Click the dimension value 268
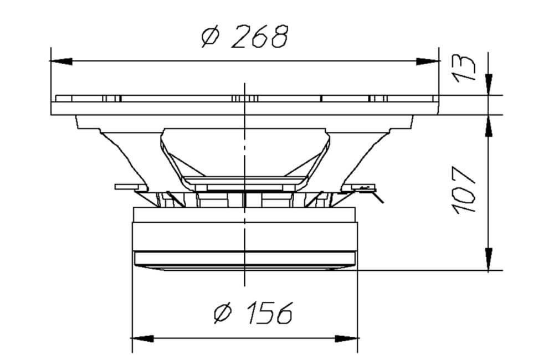pyautogui.click(x=260, y=37)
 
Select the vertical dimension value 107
pyautogui.click(x=464, y=191)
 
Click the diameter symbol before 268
pyautogui.click(x=211, y=37)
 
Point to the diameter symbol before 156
pyautogui.click(x=223, y=313)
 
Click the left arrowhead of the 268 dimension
pyautogui.click(x=61, y=61)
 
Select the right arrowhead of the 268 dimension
pyautogui.click(x=428, y=61)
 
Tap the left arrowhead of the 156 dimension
pyautogui.click(x=143, y=339)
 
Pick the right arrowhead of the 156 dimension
pyautogui.click(x=347, y=339)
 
